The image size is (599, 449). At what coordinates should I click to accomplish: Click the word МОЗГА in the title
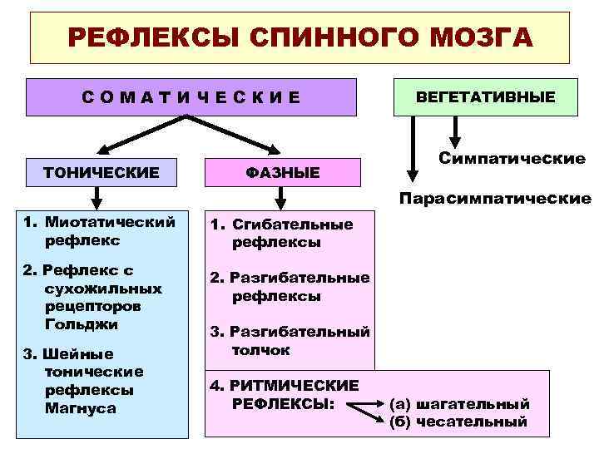point(481,38)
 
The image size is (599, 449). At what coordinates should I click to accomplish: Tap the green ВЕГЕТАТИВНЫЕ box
point(486,97)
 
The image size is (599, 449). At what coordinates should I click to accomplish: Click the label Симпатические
point(512,158)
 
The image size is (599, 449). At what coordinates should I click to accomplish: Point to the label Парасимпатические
point(495,199)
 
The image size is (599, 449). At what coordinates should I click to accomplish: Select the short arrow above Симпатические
point(454,130)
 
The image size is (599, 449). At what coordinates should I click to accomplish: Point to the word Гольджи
point(82,324)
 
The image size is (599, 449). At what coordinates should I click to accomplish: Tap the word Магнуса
point(82,408)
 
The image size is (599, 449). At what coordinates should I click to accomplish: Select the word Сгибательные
point(293,224)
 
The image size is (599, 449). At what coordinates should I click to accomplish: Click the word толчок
point(261,350)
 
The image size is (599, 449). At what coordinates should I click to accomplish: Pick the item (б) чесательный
point(458,422)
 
